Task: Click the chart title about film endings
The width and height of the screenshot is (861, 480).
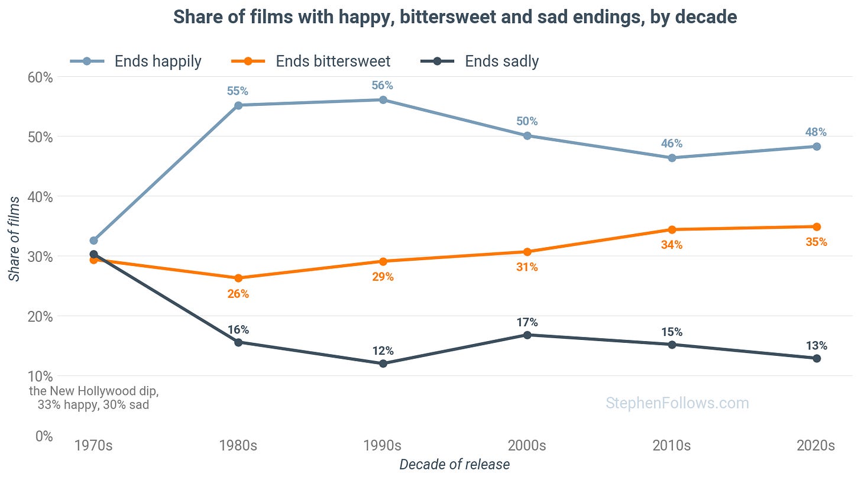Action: coord(455,17)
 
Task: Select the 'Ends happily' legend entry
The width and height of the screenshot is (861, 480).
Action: coord(135,61)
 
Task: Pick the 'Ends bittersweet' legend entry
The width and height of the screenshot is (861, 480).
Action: coord(310,61)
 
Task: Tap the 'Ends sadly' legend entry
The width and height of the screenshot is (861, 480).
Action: coord(480,61)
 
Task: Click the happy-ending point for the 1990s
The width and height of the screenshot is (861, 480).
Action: coord(383,100)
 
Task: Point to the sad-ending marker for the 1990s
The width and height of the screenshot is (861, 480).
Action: coord(383,363)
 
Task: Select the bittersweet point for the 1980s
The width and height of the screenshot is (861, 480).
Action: coord(238,278)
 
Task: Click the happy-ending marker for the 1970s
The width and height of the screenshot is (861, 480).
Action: coord(93,241)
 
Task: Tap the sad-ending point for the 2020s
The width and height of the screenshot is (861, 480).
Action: coord(817,358)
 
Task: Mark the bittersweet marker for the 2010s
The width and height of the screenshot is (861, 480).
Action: coord(672,230)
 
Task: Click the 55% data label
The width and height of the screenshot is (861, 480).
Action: coord(238,91)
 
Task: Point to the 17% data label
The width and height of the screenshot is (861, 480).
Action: coord(527,322)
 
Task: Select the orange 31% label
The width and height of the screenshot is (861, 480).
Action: coord(527,267)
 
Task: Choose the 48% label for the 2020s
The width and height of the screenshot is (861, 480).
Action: coord(816,132)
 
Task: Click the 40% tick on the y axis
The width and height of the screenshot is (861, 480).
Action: coord(40,197)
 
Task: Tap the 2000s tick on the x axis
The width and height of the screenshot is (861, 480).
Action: coord(527,445)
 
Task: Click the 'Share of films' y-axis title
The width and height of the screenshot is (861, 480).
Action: coord(14,239)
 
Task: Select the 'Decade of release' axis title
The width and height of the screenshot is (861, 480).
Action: coord(454,464)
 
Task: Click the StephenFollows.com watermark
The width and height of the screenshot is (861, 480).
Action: coord(677,403)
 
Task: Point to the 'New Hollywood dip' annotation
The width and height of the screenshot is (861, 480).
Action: coord(93,398)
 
